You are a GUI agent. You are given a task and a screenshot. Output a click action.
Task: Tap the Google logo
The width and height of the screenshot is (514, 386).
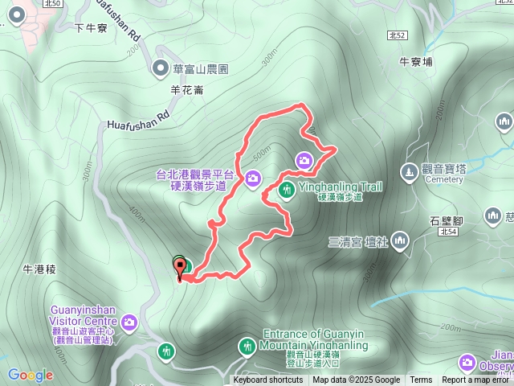pyautogui.click(x=31, y=375)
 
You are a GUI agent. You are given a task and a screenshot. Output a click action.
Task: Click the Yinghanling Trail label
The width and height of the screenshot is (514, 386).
pyautogui.click(x=340, y=187)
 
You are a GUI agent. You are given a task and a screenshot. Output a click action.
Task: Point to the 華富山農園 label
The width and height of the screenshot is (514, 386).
pyautogui.click(x=201, y=70)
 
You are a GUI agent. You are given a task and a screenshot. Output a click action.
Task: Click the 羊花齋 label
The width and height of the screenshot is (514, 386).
pyautogui.click(x=186, y=90)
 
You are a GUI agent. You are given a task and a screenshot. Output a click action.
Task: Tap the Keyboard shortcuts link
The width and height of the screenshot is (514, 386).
pyautogui.click(x=268, y=380)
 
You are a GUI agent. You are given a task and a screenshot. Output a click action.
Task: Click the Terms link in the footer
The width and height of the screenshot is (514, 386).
pyautogui.click(x=421, y=380)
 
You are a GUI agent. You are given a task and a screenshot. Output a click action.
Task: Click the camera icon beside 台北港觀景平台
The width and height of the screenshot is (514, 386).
pyautogui.click(x=253, y=178)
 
